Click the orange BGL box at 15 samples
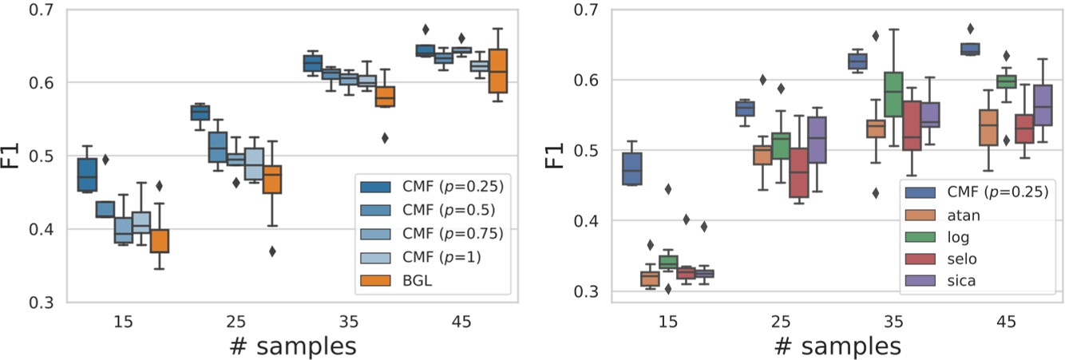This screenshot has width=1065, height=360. [159, 240]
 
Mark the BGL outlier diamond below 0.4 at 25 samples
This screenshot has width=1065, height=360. [272, 251]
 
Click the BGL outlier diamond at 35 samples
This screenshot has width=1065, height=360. [385, 138]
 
